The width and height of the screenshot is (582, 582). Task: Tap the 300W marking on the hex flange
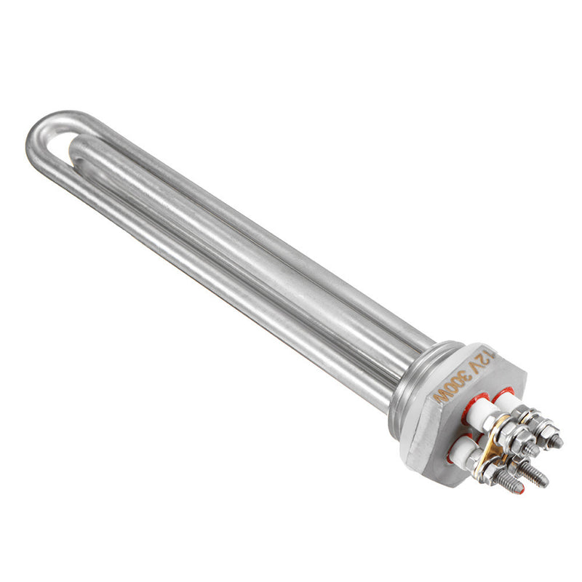coord(453,386)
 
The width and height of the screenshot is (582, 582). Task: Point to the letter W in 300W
coord(439,396)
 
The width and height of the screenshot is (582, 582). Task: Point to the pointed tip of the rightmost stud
coord(559,442)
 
